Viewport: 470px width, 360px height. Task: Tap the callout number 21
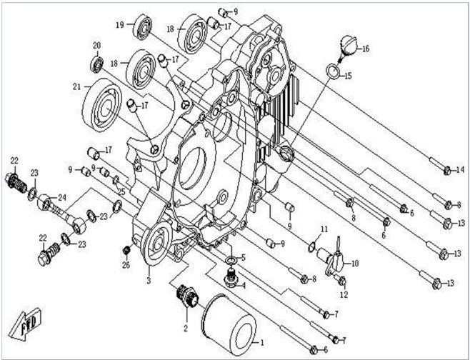[x=77, y=86]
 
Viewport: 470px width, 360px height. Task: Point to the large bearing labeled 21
[x=102, y=106]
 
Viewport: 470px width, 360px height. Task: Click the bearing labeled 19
[x=143, y=26]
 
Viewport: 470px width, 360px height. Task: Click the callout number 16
[x=366, y=49]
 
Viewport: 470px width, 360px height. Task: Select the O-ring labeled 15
[x=332, y=71]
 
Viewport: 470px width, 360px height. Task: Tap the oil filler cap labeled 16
[x=349, y=48]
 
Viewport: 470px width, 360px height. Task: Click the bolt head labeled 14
[x=447, y=171]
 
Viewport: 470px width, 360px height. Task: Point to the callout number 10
[x=354, y=264]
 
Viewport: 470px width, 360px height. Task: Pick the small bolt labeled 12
[x=342, y=281]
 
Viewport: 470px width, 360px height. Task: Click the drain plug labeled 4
[x=231, y=278]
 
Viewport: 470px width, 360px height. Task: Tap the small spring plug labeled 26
[x=126, y=250]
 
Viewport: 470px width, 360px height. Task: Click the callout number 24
[x=61, y=198]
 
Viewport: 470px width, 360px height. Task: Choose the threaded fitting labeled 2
[x=187, y=296]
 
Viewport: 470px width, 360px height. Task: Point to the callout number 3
[x=149, y=281]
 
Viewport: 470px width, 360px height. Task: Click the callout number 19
[x=120, y=25]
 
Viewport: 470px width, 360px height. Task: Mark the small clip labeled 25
[x=116, y=180]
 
